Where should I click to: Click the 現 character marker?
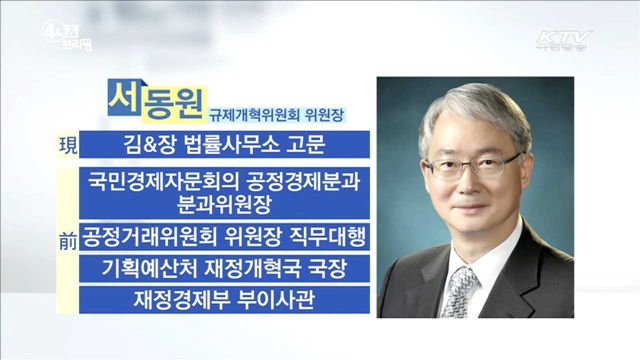pyautogui.click(x=67, y=146)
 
